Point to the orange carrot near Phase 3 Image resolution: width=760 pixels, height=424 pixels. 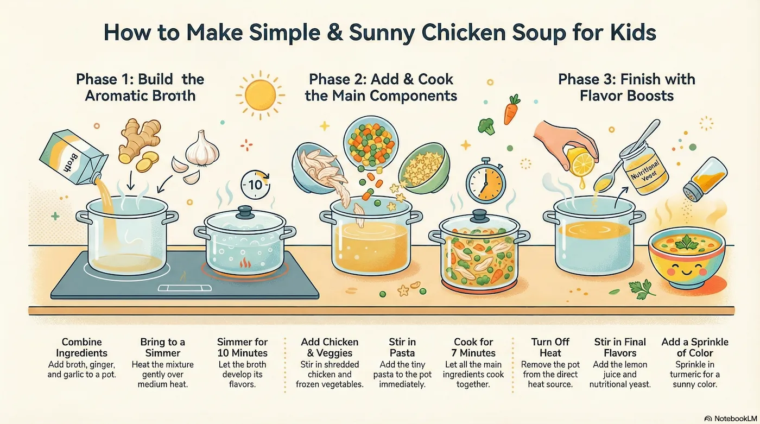[x=511, y=112]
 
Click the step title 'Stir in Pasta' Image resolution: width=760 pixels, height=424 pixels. [x=402, y=347]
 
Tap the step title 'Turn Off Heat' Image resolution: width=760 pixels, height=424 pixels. [x=550, y=347]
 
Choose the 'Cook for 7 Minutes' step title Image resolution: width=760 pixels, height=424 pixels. [x=473, y=347]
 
